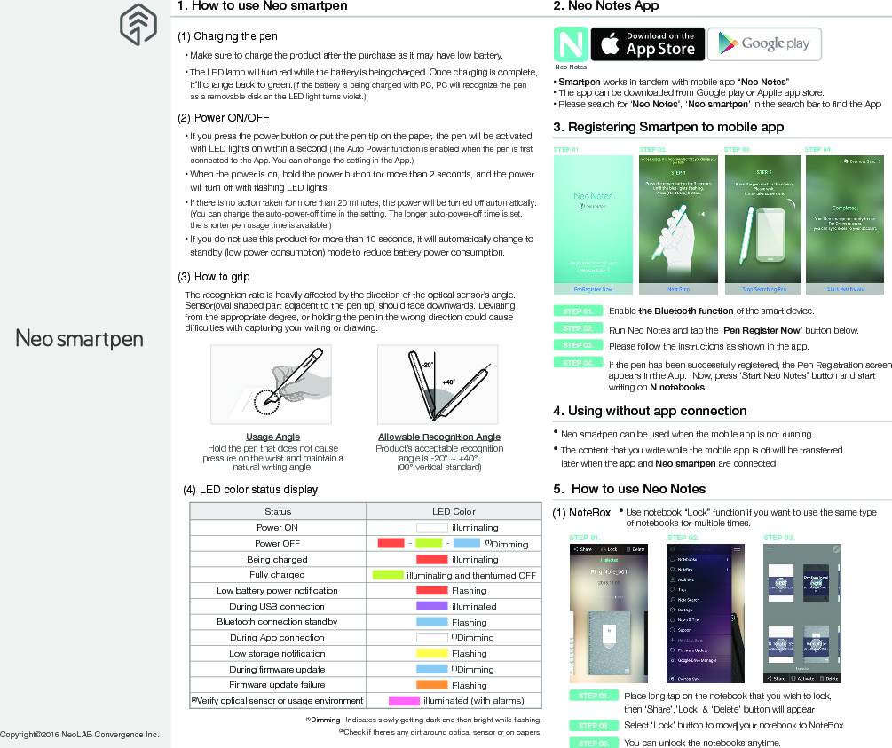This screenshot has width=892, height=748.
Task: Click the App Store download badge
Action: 647,44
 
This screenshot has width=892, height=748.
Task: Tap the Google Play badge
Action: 764,44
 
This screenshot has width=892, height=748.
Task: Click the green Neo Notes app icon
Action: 570,44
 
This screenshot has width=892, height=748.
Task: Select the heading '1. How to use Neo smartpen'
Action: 263,6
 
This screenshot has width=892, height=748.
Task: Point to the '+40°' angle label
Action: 448,382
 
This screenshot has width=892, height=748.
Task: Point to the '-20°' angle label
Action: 426,365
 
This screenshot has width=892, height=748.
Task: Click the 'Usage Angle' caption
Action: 272,437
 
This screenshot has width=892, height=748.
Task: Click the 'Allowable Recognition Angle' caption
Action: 438,437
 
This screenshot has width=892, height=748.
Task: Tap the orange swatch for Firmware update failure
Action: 431,685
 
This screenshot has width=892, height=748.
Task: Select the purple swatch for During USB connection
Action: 431,606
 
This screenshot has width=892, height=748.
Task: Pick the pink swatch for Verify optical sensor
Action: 404,701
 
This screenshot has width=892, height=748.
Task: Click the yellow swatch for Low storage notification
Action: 431,653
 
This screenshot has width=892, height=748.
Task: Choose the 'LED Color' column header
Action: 454,511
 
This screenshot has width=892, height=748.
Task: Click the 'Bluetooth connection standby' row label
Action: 277,622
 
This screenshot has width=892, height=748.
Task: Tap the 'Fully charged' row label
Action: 277,575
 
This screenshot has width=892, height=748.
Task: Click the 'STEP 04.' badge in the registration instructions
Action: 578,363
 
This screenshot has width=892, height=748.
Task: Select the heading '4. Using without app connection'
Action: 650,411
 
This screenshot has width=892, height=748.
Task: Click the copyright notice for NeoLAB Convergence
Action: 80,735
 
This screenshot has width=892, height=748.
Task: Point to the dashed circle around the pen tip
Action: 267,402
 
